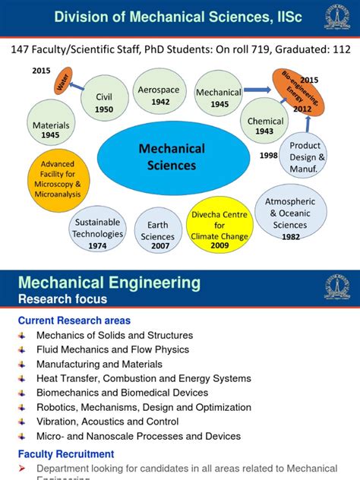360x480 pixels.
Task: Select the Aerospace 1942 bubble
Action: point(159,94)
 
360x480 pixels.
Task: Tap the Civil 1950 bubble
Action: point(104,103)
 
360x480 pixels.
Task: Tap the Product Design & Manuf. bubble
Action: point(305,156)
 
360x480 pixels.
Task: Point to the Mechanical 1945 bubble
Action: point(219,97)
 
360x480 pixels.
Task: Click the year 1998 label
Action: point(270,156)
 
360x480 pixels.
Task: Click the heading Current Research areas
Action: point(74,321)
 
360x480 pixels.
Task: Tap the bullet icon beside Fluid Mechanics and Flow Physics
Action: point(22,350)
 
